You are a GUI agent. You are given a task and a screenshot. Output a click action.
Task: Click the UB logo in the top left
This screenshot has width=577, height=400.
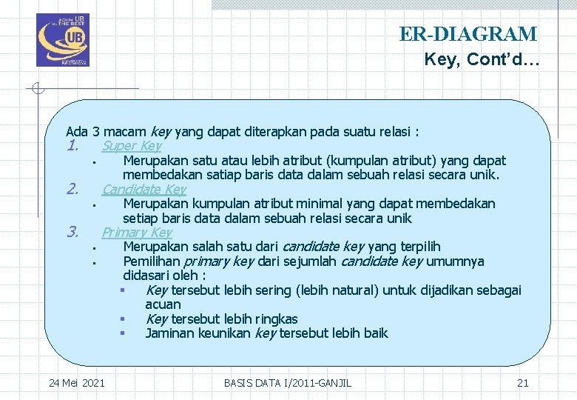[x=61, y=40]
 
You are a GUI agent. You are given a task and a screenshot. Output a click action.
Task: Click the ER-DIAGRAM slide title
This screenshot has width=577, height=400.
[x=468, y=34]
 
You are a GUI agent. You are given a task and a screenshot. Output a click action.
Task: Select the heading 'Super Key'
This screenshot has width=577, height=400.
[x=132, y=146]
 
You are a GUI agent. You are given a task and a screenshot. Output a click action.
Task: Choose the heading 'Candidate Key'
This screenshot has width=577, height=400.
[x=144, y=190]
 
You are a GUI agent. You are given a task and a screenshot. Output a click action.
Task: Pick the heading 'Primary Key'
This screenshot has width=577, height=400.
[x=137, y=233]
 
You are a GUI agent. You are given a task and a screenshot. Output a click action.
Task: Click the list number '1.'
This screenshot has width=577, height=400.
[x=72, y=146]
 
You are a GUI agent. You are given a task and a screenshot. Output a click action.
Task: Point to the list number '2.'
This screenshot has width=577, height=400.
[x=72, y=190]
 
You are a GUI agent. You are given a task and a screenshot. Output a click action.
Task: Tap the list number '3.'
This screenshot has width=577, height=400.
[x=72, y=233]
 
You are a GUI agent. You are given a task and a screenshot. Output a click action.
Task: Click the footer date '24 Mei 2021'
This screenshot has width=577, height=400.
[x=76, y=383]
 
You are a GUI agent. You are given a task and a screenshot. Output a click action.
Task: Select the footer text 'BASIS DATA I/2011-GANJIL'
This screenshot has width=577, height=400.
[x=288, y=383]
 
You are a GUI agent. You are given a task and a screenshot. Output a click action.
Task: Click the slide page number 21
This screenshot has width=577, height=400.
[x=522, y=383]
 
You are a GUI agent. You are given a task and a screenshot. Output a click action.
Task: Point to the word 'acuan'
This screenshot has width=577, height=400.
[x=163, y=304]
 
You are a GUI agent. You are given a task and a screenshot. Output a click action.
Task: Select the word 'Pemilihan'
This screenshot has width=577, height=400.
[x=151, y=261]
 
